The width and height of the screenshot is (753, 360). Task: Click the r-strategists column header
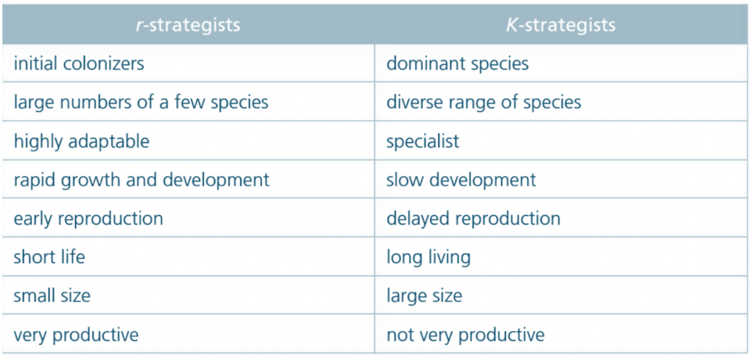click(188, 25)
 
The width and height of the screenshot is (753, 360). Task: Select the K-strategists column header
click(560, 25)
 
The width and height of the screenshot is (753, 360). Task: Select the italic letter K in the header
click(512, 25)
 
